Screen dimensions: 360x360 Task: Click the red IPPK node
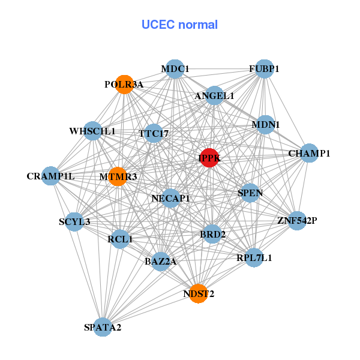click(209, 158)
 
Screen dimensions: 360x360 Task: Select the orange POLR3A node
click(124, 85)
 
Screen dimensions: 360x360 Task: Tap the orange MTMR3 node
click(118, 176)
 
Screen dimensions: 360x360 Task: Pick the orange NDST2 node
click(198, 293)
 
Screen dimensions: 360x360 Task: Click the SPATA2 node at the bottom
click(103, 327)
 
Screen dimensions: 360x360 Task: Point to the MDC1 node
click(174, 69)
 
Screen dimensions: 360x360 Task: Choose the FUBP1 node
click(264, 69)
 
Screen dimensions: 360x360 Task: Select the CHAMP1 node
click(308, 154)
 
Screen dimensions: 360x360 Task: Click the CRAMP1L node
click(52, 176)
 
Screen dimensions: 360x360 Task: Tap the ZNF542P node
click(296, 221)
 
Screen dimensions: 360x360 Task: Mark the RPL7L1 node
click(254, 258)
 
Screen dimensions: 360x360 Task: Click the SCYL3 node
click(74, 222)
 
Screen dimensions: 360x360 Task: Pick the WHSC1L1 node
click(92, 131)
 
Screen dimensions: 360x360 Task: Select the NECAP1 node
click(171, 198)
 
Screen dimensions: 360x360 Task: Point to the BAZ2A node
click(160, 262)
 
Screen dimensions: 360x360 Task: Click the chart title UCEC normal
click(179, 25)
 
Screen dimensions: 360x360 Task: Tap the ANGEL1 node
click(214, 95)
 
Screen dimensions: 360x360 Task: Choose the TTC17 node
click(155, 133)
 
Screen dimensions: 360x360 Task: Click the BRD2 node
click(212, 234)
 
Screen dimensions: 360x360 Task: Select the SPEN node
click(250, 193)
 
